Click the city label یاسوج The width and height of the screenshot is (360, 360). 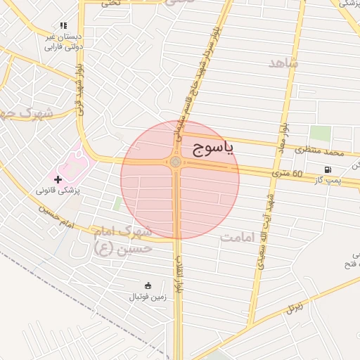coord(212,148)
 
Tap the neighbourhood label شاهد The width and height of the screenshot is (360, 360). coord(283,63)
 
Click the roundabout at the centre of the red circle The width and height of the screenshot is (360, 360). coord(175,163)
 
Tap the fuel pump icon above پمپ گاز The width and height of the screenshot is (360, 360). coord(328,169)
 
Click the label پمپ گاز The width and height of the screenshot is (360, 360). coord(328,181)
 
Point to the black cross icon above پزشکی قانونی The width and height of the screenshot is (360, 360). coord(58,180)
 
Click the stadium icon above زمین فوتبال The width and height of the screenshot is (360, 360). coord(148,285)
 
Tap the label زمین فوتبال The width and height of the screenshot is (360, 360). coord(146,297)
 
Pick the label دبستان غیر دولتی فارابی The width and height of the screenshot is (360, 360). coord(63,41)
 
